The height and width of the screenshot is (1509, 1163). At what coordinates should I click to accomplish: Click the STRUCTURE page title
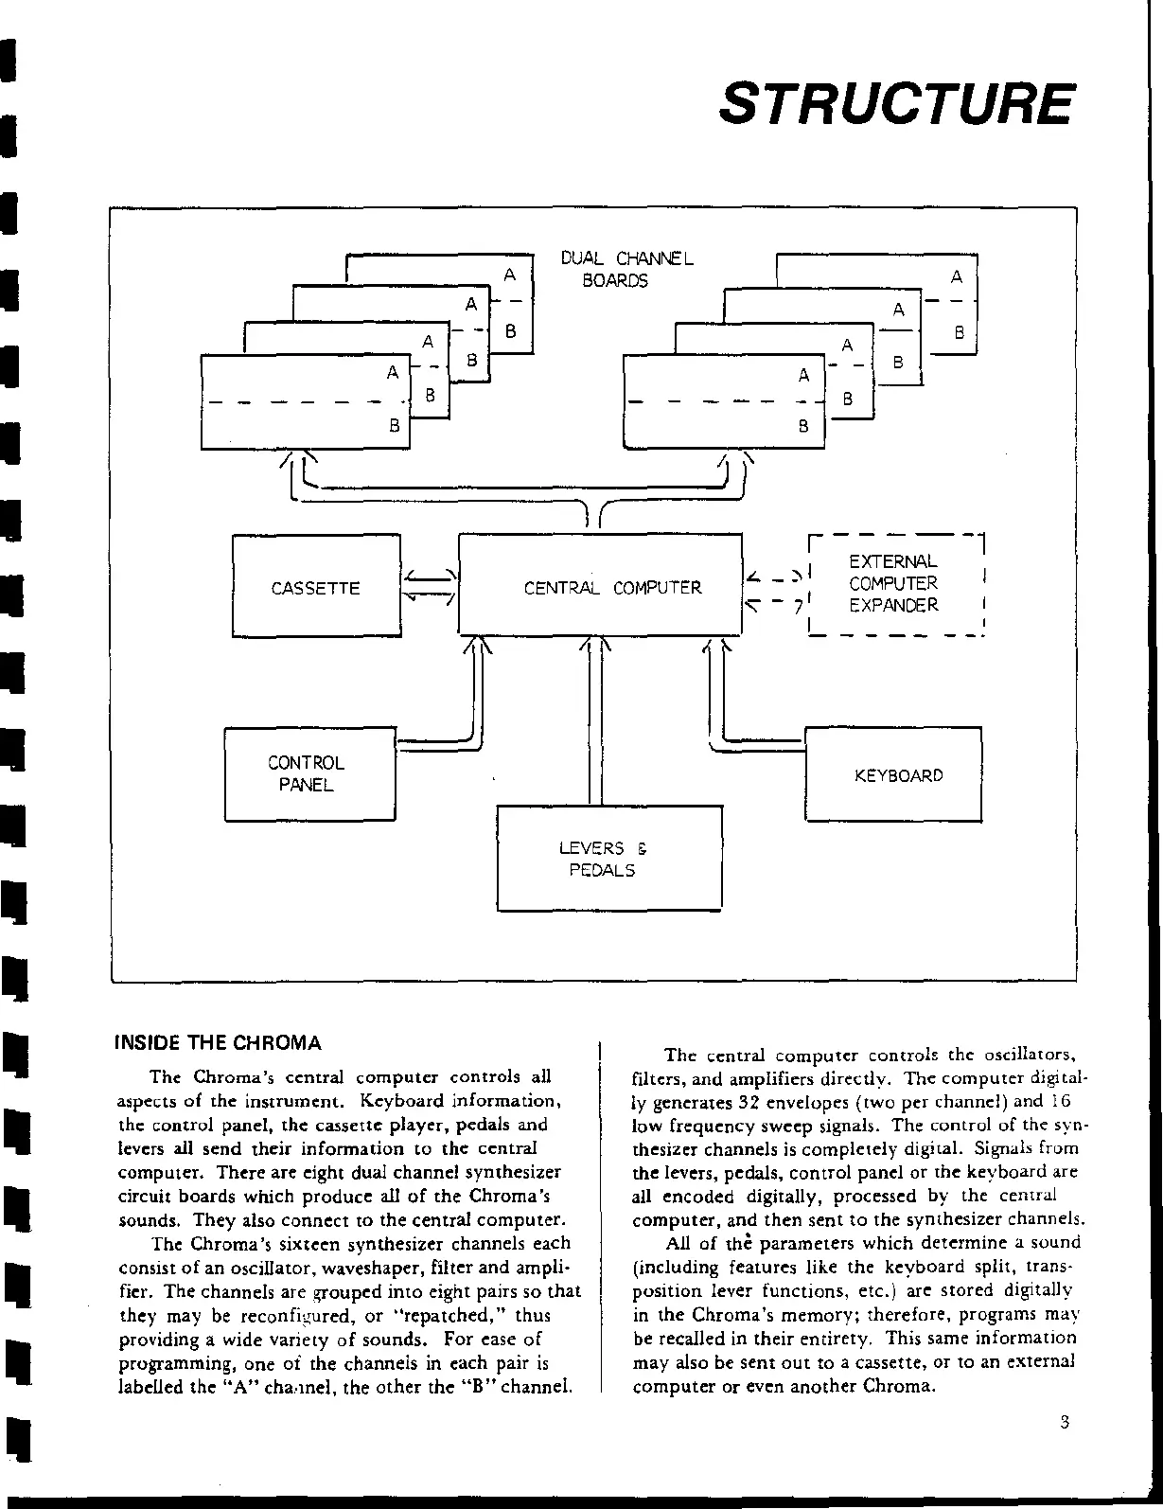pos(895,103)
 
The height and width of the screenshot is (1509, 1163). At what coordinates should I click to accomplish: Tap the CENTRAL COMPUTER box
pos(600,585)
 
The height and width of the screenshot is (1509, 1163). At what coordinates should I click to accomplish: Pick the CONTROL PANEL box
pos(308,773)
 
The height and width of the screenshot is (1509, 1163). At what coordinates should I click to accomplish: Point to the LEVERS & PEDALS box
pos(608,859)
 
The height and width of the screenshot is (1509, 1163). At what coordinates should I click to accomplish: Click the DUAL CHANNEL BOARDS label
pos(626,269)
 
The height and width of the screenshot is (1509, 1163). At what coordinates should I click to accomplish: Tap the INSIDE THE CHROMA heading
pos(218,1043)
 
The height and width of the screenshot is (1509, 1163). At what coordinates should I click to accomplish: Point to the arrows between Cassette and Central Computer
pos(430,586)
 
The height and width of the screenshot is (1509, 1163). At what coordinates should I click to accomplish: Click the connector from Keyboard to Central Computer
pos(748,744)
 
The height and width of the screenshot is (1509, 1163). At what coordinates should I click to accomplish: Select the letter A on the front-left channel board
pos(393,373)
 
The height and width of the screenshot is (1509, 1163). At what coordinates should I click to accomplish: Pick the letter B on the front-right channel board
pos(803,426)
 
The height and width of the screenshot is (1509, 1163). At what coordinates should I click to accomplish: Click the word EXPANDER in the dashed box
pos(893,606)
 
